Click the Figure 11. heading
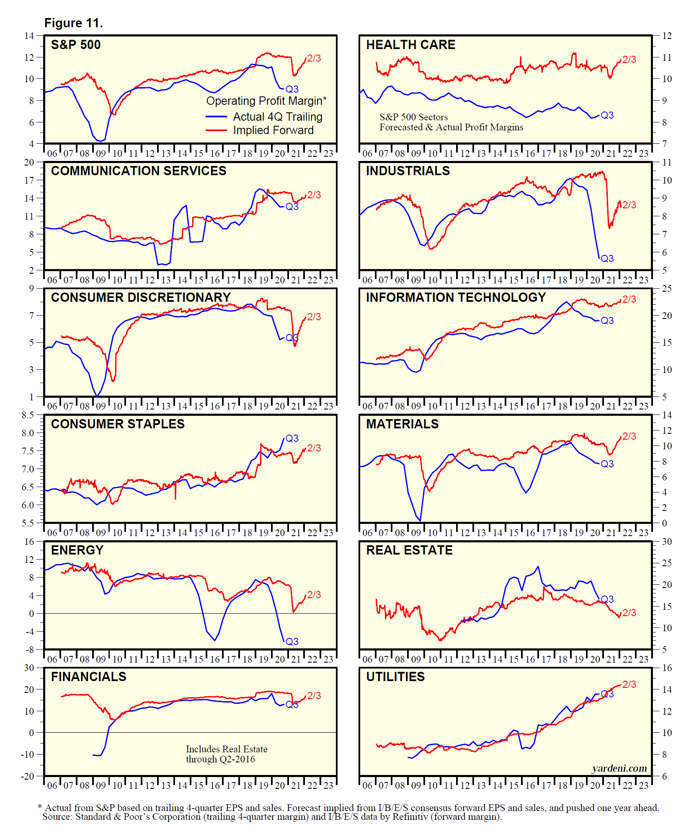point(74,23)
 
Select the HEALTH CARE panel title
point(410,45)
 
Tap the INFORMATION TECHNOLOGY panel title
point(456,298)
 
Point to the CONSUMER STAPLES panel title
point(118,424)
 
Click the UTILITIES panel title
point(395,677)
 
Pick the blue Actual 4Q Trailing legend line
point(216,117)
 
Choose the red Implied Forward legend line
point(216,130)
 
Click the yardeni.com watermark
point(619,768)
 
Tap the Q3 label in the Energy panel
point(292,642)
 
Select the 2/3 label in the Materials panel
point(629,436)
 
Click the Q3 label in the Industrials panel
point(607,259)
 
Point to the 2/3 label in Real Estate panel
point(629,613)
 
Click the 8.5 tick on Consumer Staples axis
point(28,415)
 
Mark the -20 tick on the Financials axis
point(27,776)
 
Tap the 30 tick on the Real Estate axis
point(667,542)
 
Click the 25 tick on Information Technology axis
point(667,289)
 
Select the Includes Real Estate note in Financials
point(226,749)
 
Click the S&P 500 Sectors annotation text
point(413,117)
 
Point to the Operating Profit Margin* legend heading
point(266,101)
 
